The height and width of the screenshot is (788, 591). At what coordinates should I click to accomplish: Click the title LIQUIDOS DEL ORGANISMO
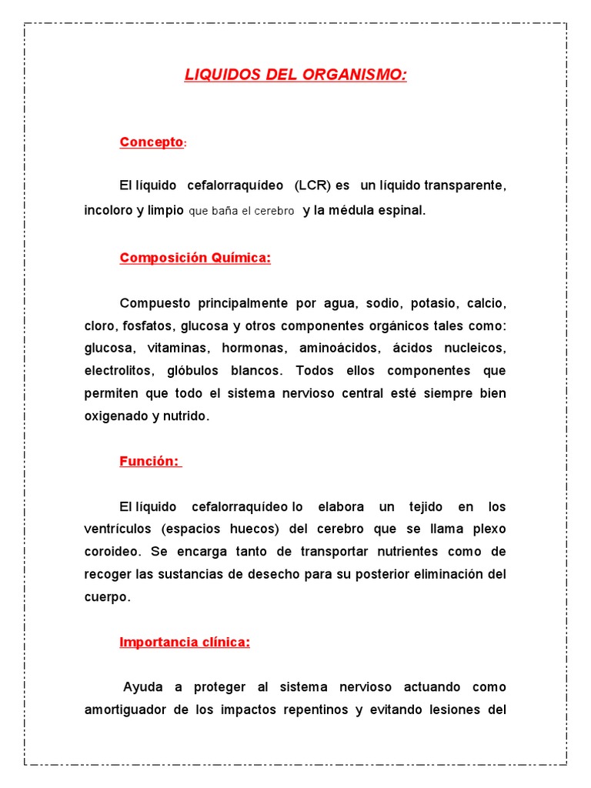[295, 75]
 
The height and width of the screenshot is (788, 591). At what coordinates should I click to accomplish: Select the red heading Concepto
[152, 142]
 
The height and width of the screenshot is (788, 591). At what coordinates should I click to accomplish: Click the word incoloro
[109, 210]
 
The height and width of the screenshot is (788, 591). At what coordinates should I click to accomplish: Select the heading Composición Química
[195, 258]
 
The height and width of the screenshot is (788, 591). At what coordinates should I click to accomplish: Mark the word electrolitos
[118, 370]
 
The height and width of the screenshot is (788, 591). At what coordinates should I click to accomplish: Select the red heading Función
[149, 461]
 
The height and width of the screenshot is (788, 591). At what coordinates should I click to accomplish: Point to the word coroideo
[112, 552]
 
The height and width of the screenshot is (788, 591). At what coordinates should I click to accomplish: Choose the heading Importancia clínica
[185, 642]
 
